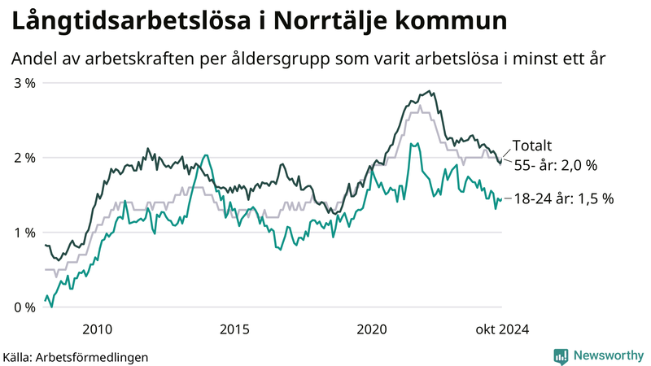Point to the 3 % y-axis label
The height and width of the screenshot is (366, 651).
click(x=24, y=83)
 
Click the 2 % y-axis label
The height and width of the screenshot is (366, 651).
click(x=24, y=158)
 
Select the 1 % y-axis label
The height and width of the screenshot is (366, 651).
click(x=24, y=233)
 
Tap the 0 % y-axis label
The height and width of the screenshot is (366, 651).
click(x=24, y=307)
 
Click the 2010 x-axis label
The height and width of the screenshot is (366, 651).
click(x=97, y=329)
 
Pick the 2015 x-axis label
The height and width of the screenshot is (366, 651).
click(x=234, y=329)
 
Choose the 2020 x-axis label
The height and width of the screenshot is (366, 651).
click(x=372, y=329)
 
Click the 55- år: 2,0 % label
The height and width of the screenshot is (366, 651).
click(x=555, y=165)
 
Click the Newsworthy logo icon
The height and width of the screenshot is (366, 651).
click(x=561, y=355)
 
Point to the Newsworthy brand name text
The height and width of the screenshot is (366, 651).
click(x=607, y=355)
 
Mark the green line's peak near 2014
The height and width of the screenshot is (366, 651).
click(x=206, y=155)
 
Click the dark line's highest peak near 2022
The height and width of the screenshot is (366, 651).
click(x=429, y=92)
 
